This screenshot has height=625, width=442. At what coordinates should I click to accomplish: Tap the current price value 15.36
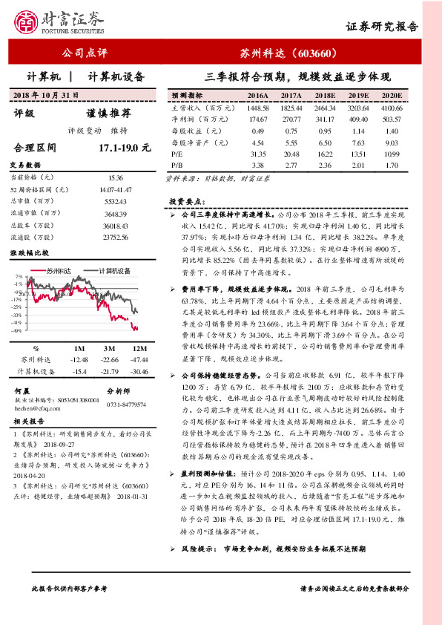point(115,178)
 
